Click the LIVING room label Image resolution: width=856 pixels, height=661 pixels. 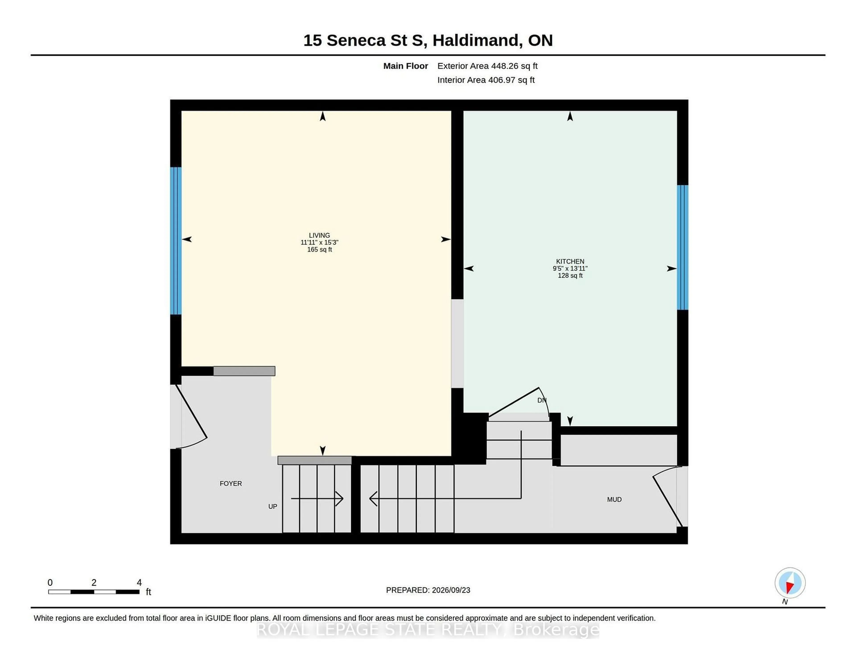[x=319, y=236]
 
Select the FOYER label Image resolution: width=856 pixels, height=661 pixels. [x=231, y=484]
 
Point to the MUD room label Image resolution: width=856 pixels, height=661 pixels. [x=614, y=500]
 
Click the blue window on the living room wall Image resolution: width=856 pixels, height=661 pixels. [x=176, y=241]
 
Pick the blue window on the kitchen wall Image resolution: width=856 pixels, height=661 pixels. [x=682, y=247]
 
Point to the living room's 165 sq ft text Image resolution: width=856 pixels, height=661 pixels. [x=319, y=250]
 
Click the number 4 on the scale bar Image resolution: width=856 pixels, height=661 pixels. [x=139, y=583]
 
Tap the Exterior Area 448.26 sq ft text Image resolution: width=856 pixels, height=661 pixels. [x=488, y=66]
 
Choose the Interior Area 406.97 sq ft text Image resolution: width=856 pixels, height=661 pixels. [x=486, y=80]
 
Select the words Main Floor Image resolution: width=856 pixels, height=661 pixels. [x=406, y=66]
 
